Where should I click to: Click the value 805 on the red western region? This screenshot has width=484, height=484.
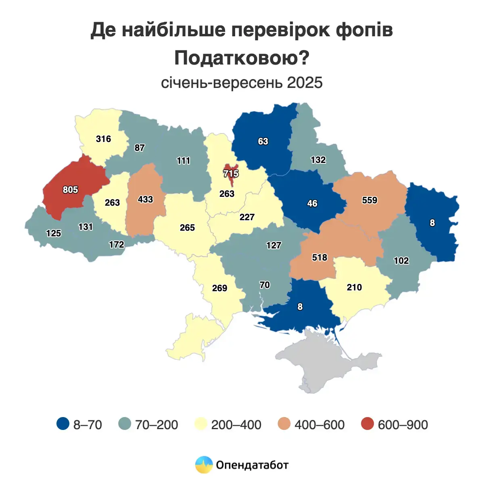click(70, 190)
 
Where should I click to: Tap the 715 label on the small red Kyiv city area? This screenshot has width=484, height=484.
click(231, 174)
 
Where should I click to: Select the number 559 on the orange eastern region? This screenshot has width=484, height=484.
click(369, 200)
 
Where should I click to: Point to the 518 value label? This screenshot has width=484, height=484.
click(319, 257)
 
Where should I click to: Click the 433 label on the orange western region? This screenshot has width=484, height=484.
click(145, 199)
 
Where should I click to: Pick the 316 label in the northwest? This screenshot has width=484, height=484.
click(103, 139)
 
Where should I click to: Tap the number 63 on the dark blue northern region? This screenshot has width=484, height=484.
click(263, 142)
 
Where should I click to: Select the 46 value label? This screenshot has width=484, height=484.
click(312, 204)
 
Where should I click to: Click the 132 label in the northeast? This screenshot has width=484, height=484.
click(318, 160)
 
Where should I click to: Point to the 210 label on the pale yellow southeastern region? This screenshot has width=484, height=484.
click(354, 288)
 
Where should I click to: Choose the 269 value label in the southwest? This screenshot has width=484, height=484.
click(219, 288)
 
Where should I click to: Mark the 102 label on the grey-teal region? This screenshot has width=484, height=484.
click(401, 261)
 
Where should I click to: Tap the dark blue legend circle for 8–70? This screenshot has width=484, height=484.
click(63, 424)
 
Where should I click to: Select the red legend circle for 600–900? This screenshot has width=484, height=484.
click(367, 424)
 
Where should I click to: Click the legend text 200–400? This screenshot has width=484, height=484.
click(236, 425)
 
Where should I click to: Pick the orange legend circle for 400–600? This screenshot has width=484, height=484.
click(284, 424)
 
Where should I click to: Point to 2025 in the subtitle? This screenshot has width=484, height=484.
click(305, 83)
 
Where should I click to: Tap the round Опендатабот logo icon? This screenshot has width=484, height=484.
click(204, 465)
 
